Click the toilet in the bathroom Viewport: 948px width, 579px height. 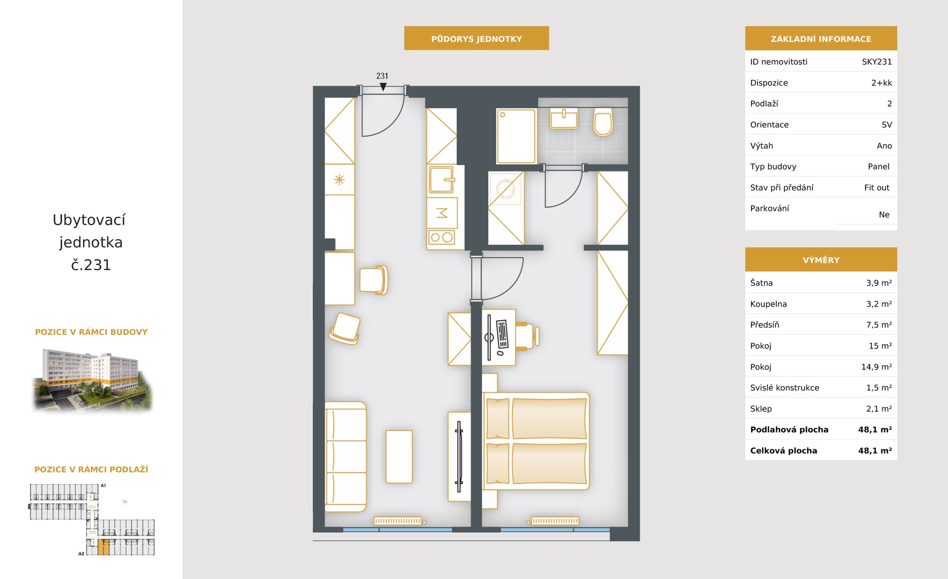pos(603,122)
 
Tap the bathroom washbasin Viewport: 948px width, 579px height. pos(564,118)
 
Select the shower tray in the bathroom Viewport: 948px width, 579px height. pos(516,136)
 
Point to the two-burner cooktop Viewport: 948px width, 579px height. pos(442,237)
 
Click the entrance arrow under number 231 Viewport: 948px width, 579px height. pos(383,87)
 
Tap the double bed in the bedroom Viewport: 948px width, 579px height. pos(536,441)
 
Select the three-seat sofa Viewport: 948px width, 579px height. pos(346,457)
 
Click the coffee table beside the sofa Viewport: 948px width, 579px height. pos(399,457)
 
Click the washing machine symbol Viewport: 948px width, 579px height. pos(505,188)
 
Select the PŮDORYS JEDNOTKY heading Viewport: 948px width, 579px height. pos(476,39)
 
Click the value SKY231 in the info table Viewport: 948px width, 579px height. pos(877,62)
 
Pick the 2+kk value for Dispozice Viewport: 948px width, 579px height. pos(881,83)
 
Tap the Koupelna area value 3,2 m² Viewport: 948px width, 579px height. pos(879,304)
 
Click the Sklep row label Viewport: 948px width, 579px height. pos(761,409)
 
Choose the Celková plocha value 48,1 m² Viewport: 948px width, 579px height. pos(875,451)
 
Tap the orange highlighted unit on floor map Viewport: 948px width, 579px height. pos(104,547)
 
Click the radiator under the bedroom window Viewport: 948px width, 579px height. pos(555,521)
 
